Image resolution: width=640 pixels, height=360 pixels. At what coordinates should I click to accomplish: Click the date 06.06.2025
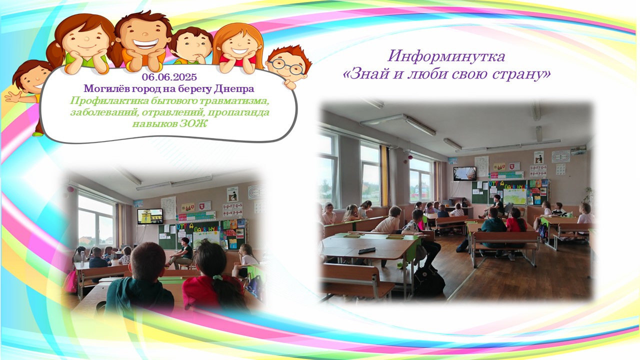pos(169,77)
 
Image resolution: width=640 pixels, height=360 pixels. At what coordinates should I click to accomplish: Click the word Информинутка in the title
pos(446,56)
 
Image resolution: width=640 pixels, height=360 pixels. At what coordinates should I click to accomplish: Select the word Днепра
pos(234,89)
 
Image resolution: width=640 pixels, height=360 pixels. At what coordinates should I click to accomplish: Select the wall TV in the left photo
pos(150,216)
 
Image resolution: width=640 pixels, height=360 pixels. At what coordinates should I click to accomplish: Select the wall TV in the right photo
pos(465,173)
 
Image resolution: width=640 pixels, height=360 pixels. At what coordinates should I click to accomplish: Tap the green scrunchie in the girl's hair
pos(217,277)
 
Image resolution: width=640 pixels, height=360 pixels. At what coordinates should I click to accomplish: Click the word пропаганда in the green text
pos(238,112)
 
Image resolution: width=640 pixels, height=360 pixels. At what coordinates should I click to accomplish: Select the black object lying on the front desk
pos(367,250)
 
